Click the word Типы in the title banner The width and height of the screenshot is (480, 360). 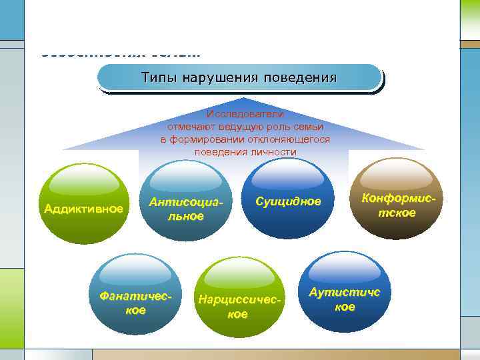click(155, 78)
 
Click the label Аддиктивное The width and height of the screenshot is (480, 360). click(83, 209)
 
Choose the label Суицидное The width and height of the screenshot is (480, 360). click(287, 201)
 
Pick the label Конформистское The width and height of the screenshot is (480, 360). click(397, 205)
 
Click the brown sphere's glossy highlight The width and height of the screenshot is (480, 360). click(397, 176)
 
